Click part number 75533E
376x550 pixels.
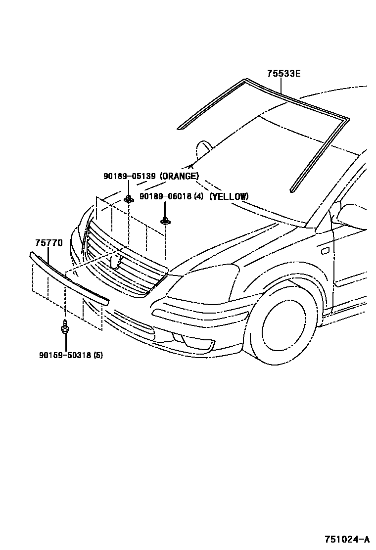tap(283, 74)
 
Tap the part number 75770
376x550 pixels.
tap(48, 243)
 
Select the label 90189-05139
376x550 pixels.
tap(130, 176)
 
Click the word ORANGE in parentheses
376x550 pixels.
tap(180, 176)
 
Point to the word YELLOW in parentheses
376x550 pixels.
tap(229, 196)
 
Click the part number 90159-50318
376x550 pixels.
tap(64, 355)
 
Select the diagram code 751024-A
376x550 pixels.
tap(347, 539)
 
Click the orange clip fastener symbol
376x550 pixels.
tap(129, 199)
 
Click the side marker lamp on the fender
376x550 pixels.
tap(325, 251)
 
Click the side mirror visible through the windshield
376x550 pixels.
tap(204, 148)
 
